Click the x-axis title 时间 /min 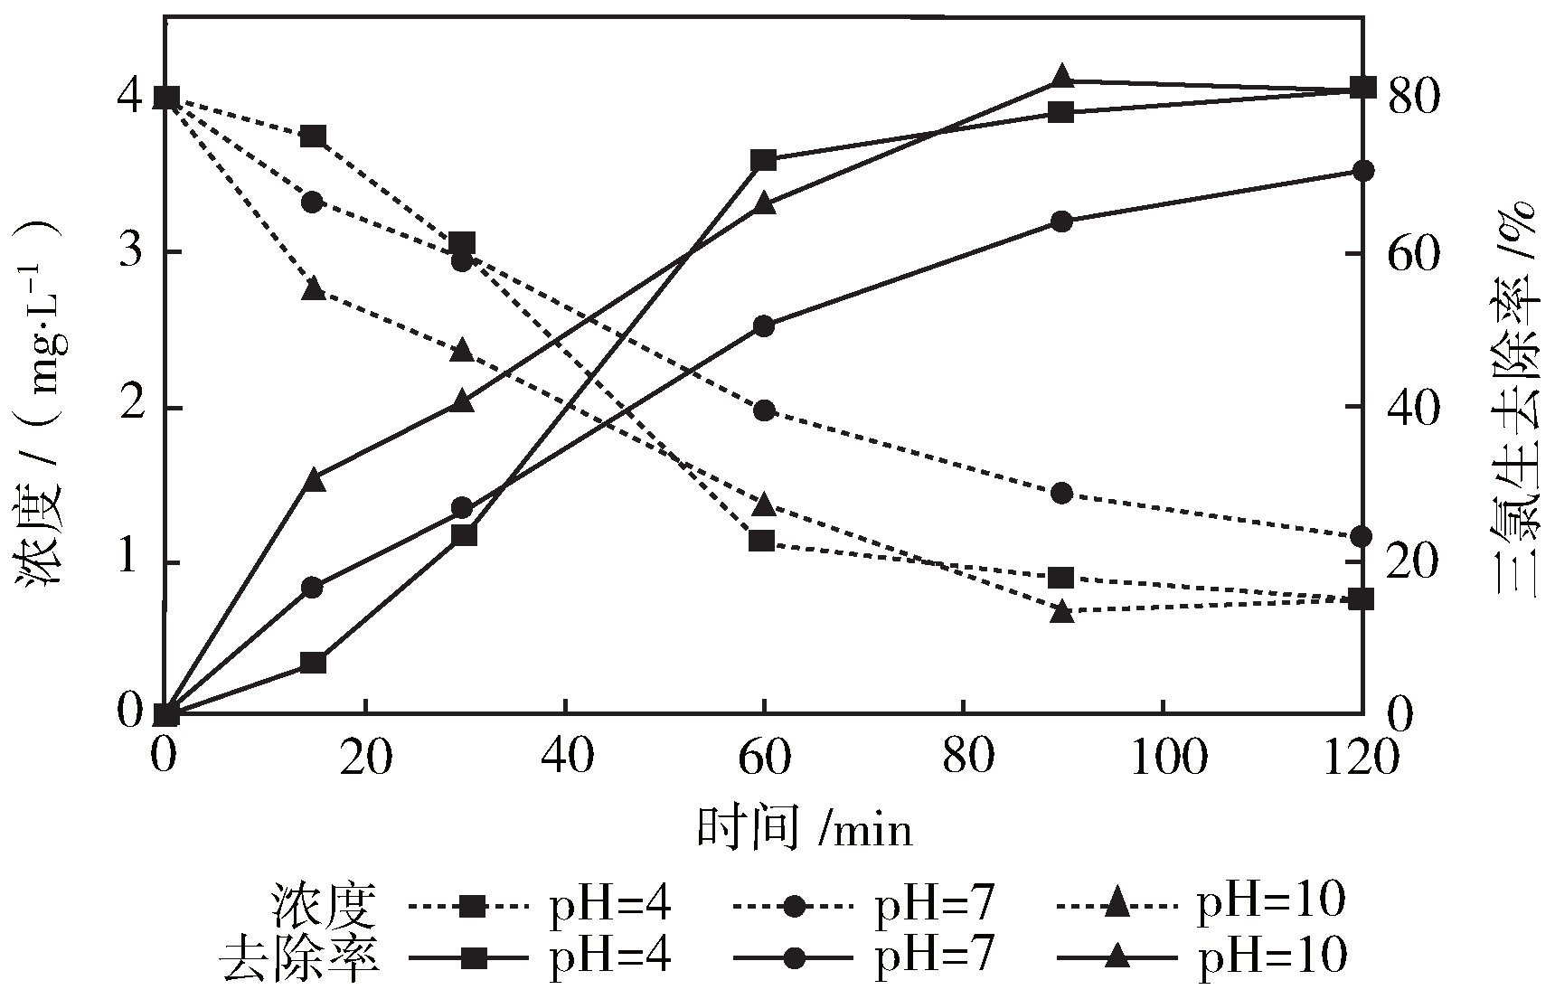[x=804, y=828]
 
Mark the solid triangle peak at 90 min [x=1062, y=77]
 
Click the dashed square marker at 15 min [x=313, y=137]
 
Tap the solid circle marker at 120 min [x=1362, y=171]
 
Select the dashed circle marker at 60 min [x=764, y=410]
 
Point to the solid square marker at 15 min [x=313, y=663]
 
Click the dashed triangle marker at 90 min [x=1062, y=612]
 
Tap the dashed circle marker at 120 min [x=1362, y=537]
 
